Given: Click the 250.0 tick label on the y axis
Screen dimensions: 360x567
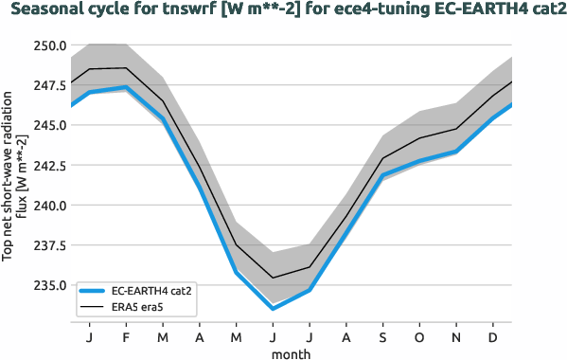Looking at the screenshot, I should click(47, 45).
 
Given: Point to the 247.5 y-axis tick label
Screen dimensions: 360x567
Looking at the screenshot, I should click(47, 85).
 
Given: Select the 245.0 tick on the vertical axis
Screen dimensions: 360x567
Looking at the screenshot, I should click(47, 125).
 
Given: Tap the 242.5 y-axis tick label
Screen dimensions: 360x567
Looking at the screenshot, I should click(47, 166).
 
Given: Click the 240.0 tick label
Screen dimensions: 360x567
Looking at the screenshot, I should click(47, 206).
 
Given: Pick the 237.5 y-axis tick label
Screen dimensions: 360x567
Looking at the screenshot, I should click(47, 245).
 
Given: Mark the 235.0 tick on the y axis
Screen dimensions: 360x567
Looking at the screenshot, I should click(47, 285).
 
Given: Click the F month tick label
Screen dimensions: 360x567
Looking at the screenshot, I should click(126, 337).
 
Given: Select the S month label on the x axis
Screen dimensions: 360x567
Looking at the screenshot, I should click(383, 337).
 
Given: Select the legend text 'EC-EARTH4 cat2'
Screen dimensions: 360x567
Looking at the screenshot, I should click(152, 292).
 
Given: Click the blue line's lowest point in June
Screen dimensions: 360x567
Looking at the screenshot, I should click(273, 309).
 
